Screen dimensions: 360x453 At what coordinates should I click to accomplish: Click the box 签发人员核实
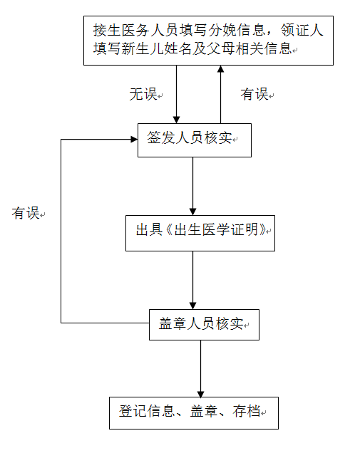pos(195,140)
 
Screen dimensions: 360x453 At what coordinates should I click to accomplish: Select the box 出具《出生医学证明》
pos(200,233)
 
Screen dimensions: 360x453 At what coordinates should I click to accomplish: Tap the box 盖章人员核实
pos(204,325)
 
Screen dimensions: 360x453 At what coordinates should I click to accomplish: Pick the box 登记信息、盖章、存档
pos(194,413)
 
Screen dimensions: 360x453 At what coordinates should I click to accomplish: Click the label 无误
pos(143,94)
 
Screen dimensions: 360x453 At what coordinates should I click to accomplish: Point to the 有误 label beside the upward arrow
pos(254,94)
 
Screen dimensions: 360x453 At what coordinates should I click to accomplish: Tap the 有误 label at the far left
pos(26,213)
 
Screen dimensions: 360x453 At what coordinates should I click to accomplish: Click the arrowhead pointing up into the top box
pos(220,69)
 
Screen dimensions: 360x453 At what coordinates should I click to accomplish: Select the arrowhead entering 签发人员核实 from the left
pos(134,140)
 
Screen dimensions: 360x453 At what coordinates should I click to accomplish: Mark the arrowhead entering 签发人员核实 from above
pos(176,120)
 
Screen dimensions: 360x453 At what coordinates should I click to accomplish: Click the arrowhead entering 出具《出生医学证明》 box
pos(193,212)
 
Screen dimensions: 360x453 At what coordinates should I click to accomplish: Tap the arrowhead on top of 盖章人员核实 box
pos(193,306)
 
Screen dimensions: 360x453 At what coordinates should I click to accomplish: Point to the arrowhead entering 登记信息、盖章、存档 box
pos(201,393)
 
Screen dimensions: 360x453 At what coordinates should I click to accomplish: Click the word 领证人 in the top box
pos(302,31)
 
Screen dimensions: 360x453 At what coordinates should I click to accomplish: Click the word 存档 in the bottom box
pos(247,411)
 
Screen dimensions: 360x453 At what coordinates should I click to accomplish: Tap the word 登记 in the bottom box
pos(133,411)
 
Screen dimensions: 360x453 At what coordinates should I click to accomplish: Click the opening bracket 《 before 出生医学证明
pos(169,230)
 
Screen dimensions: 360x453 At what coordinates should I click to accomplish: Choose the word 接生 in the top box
pos(107,31)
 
